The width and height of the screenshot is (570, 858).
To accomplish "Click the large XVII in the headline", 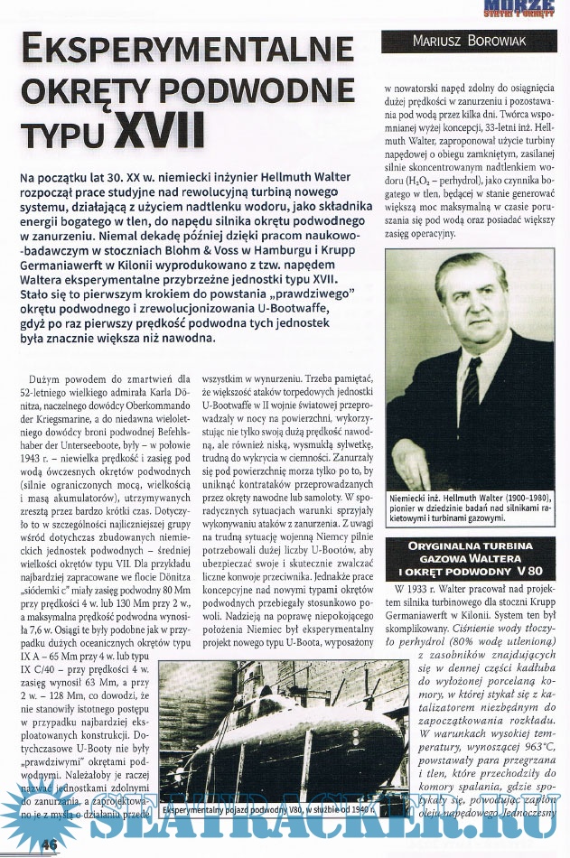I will coord(159,130).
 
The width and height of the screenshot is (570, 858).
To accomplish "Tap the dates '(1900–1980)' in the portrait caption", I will coord(517,498).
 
